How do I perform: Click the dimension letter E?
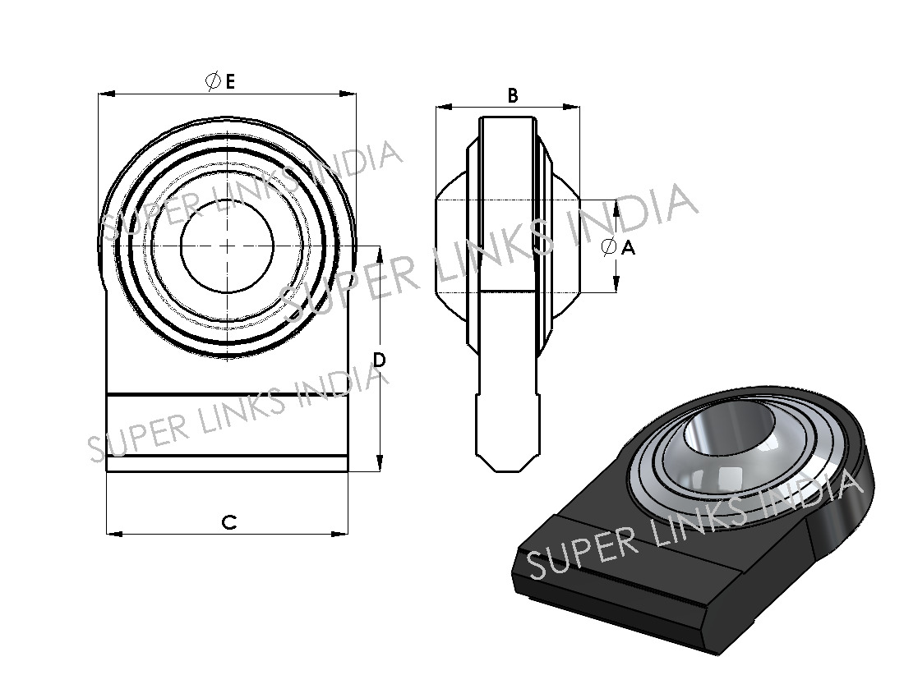[x=230, y=80]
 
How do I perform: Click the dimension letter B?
[x=512, y=95]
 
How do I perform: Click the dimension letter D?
[x=379, y=360]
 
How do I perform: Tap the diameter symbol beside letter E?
[x=211, y=80]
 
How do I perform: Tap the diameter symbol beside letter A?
[x=609, y=246]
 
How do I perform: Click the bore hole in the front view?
[x=227, y=246]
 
